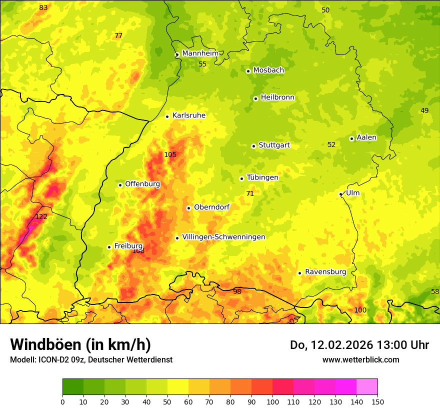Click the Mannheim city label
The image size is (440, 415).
(200, 53)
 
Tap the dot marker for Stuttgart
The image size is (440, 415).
(253, 146)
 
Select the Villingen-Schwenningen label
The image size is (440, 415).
(223, 237)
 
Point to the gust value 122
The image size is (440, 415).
(41, 216)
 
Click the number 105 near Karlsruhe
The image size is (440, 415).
(170, 154)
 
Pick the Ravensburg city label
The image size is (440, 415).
(325, 272)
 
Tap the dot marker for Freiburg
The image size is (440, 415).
(109, 247)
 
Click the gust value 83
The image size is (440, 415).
(43, 7)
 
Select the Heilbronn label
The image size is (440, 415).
(277, 97)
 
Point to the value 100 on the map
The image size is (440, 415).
(360, 310)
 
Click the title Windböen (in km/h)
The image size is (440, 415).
(80, 344)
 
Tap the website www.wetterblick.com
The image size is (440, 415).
(360, 359)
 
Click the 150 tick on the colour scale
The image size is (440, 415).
(377, 401)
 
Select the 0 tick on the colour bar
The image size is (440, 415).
(62, 401)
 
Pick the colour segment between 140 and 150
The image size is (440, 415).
(367, 386)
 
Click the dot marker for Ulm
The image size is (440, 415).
(340, 194)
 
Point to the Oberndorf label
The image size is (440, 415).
(211, 207)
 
